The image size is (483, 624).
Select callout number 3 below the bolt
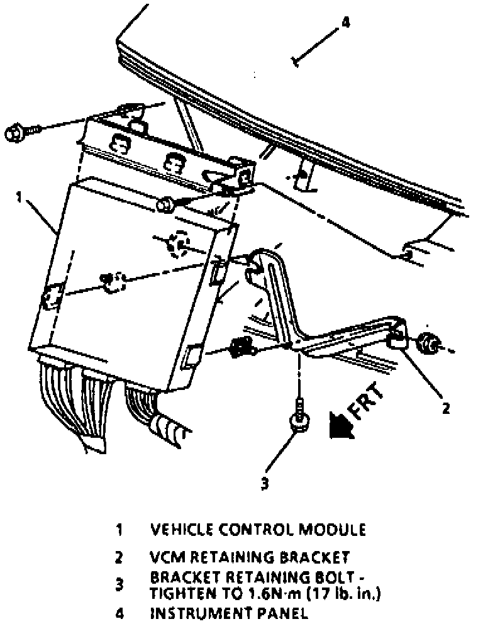(265, 483)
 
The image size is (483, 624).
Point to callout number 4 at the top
(345, 23)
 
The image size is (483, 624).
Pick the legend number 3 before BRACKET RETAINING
(119, 584)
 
